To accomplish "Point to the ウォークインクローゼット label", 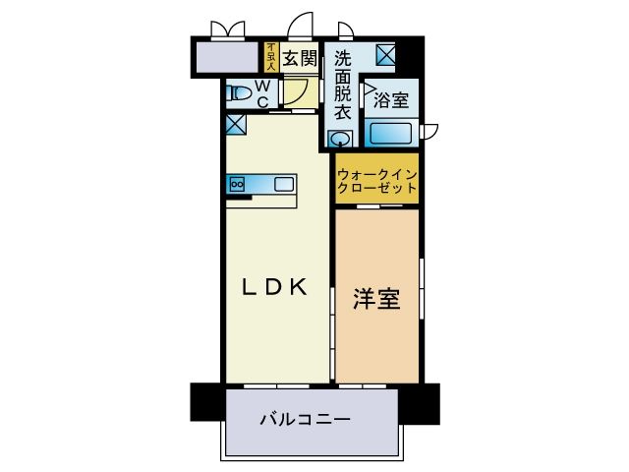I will click(x=377, y=180).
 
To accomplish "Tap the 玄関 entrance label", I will click(x=300, y=59).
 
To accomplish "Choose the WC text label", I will click(x=262, y=93).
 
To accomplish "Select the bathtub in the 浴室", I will click(x=390, y=134).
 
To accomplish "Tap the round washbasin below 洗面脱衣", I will click(x=340, y=140).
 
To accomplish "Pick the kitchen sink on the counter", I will click(x=284, y=183).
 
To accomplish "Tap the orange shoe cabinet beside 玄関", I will click(x=271, y=57).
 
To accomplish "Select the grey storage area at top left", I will click(x=227, y=58).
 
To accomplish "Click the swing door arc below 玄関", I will click(x=294, y=93).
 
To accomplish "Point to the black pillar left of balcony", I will click(x=206, y=400).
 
